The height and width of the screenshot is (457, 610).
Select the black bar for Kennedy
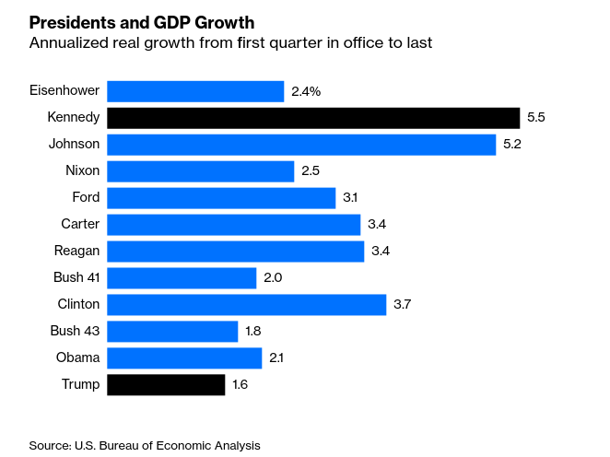[x=313, y=118]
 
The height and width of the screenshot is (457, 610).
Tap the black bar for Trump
[x=166, y=384]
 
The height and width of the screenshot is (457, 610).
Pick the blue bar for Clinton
[x=246, y=304]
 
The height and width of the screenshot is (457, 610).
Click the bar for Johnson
[x=301, y=145]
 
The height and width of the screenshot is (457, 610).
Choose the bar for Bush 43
[x=172, y=331]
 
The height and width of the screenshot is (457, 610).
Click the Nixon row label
[x=82, y=171]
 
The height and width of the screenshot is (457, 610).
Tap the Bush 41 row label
[x=76, y=277]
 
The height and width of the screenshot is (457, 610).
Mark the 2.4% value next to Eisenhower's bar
[x=307, y=91]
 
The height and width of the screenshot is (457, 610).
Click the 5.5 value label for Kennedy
[x=536, y=118]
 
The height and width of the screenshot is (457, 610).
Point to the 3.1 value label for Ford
[x=351, y=198]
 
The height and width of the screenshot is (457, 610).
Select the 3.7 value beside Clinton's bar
[x=403, y=304]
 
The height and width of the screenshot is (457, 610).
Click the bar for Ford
[x=221, y=198]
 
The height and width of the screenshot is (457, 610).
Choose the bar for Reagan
[x=235, y=252]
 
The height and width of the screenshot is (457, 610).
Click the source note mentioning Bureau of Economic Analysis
[x=145, y=445]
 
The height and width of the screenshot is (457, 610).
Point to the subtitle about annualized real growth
[x=230, y=43]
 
